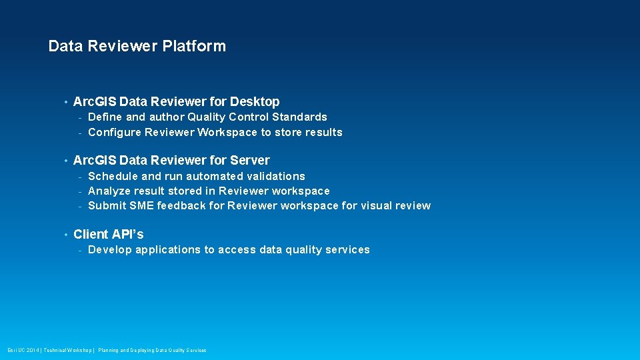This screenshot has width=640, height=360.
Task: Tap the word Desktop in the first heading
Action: pyautogui.click(x=255, y=102)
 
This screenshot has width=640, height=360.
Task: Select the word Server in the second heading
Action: pyautogui.click(x=250, y=161)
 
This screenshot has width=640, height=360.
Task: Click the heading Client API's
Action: pyautogui.click(x=108, y=234)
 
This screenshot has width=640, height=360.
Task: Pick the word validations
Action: pyautogui.click(x=276, y=176)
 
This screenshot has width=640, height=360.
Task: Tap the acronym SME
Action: pyautogui.click(x=141, y=205)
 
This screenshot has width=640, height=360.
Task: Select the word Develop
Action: pyautogui.click(x=110, y=250)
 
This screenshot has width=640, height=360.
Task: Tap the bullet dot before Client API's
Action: pyautogui.click(x=65, y=235)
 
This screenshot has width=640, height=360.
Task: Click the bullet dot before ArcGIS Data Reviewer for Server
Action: pyautogui.click(x=65, y=161)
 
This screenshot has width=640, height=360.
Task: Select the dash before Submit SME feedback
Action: pyautogui.click(x=79, y=206)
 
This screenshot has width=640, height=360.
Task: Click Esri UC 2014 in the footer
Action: pyautogui.click(x=23, y=350)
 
